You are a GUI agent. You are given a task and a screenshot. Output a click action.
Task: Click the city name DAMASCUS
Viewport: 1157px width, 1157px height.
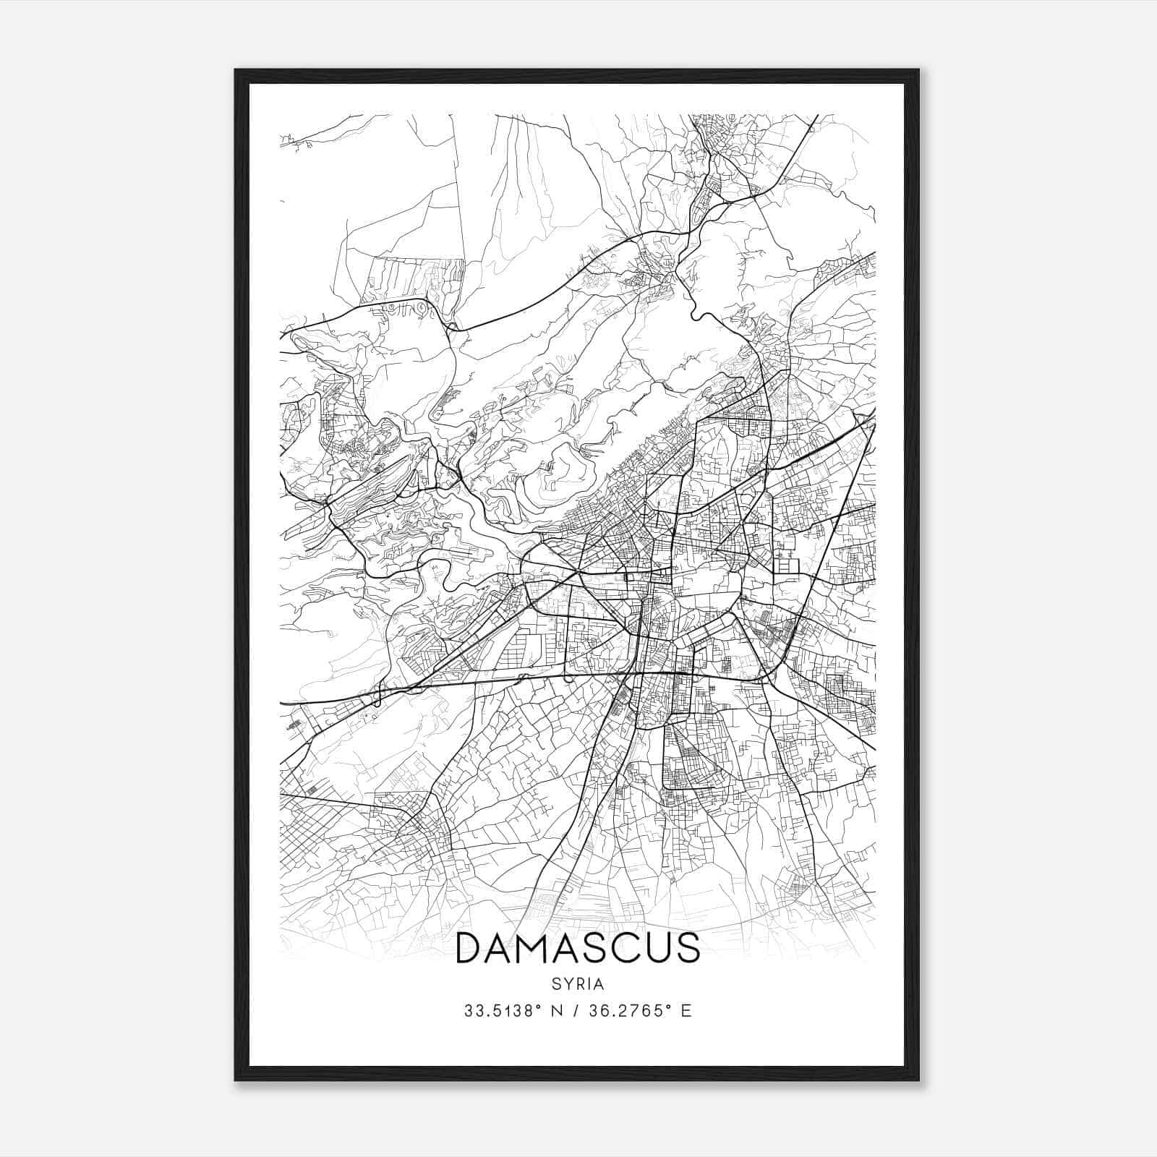pos(578,948)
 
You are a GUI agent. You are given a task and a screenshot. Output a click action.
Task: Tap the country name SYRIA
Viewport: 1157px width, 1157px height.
pos(578,984)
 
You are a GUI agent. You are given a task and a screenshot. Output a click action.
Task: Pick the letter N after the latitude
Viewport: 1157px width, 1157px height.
pos(556,1010)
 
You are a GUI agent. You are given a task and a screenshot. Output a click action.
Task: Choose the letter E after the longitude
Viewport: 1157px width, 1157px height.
pos(686,1010)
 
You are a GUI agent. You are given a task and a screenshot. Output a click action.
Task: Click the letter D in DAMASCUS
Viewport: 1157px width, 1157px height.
pos(471,948)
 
